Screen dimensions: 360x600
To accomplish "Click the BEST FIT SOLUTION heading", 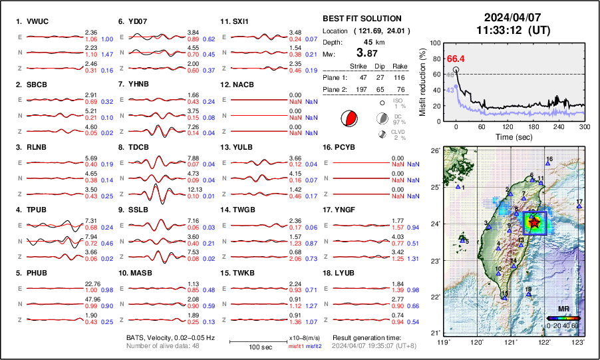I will point(361,19).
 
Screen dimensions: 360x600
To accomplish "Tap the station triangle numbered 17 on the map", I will point(579,207).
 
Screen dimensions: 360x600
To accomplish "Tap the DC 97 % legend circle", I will point(382,118).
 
